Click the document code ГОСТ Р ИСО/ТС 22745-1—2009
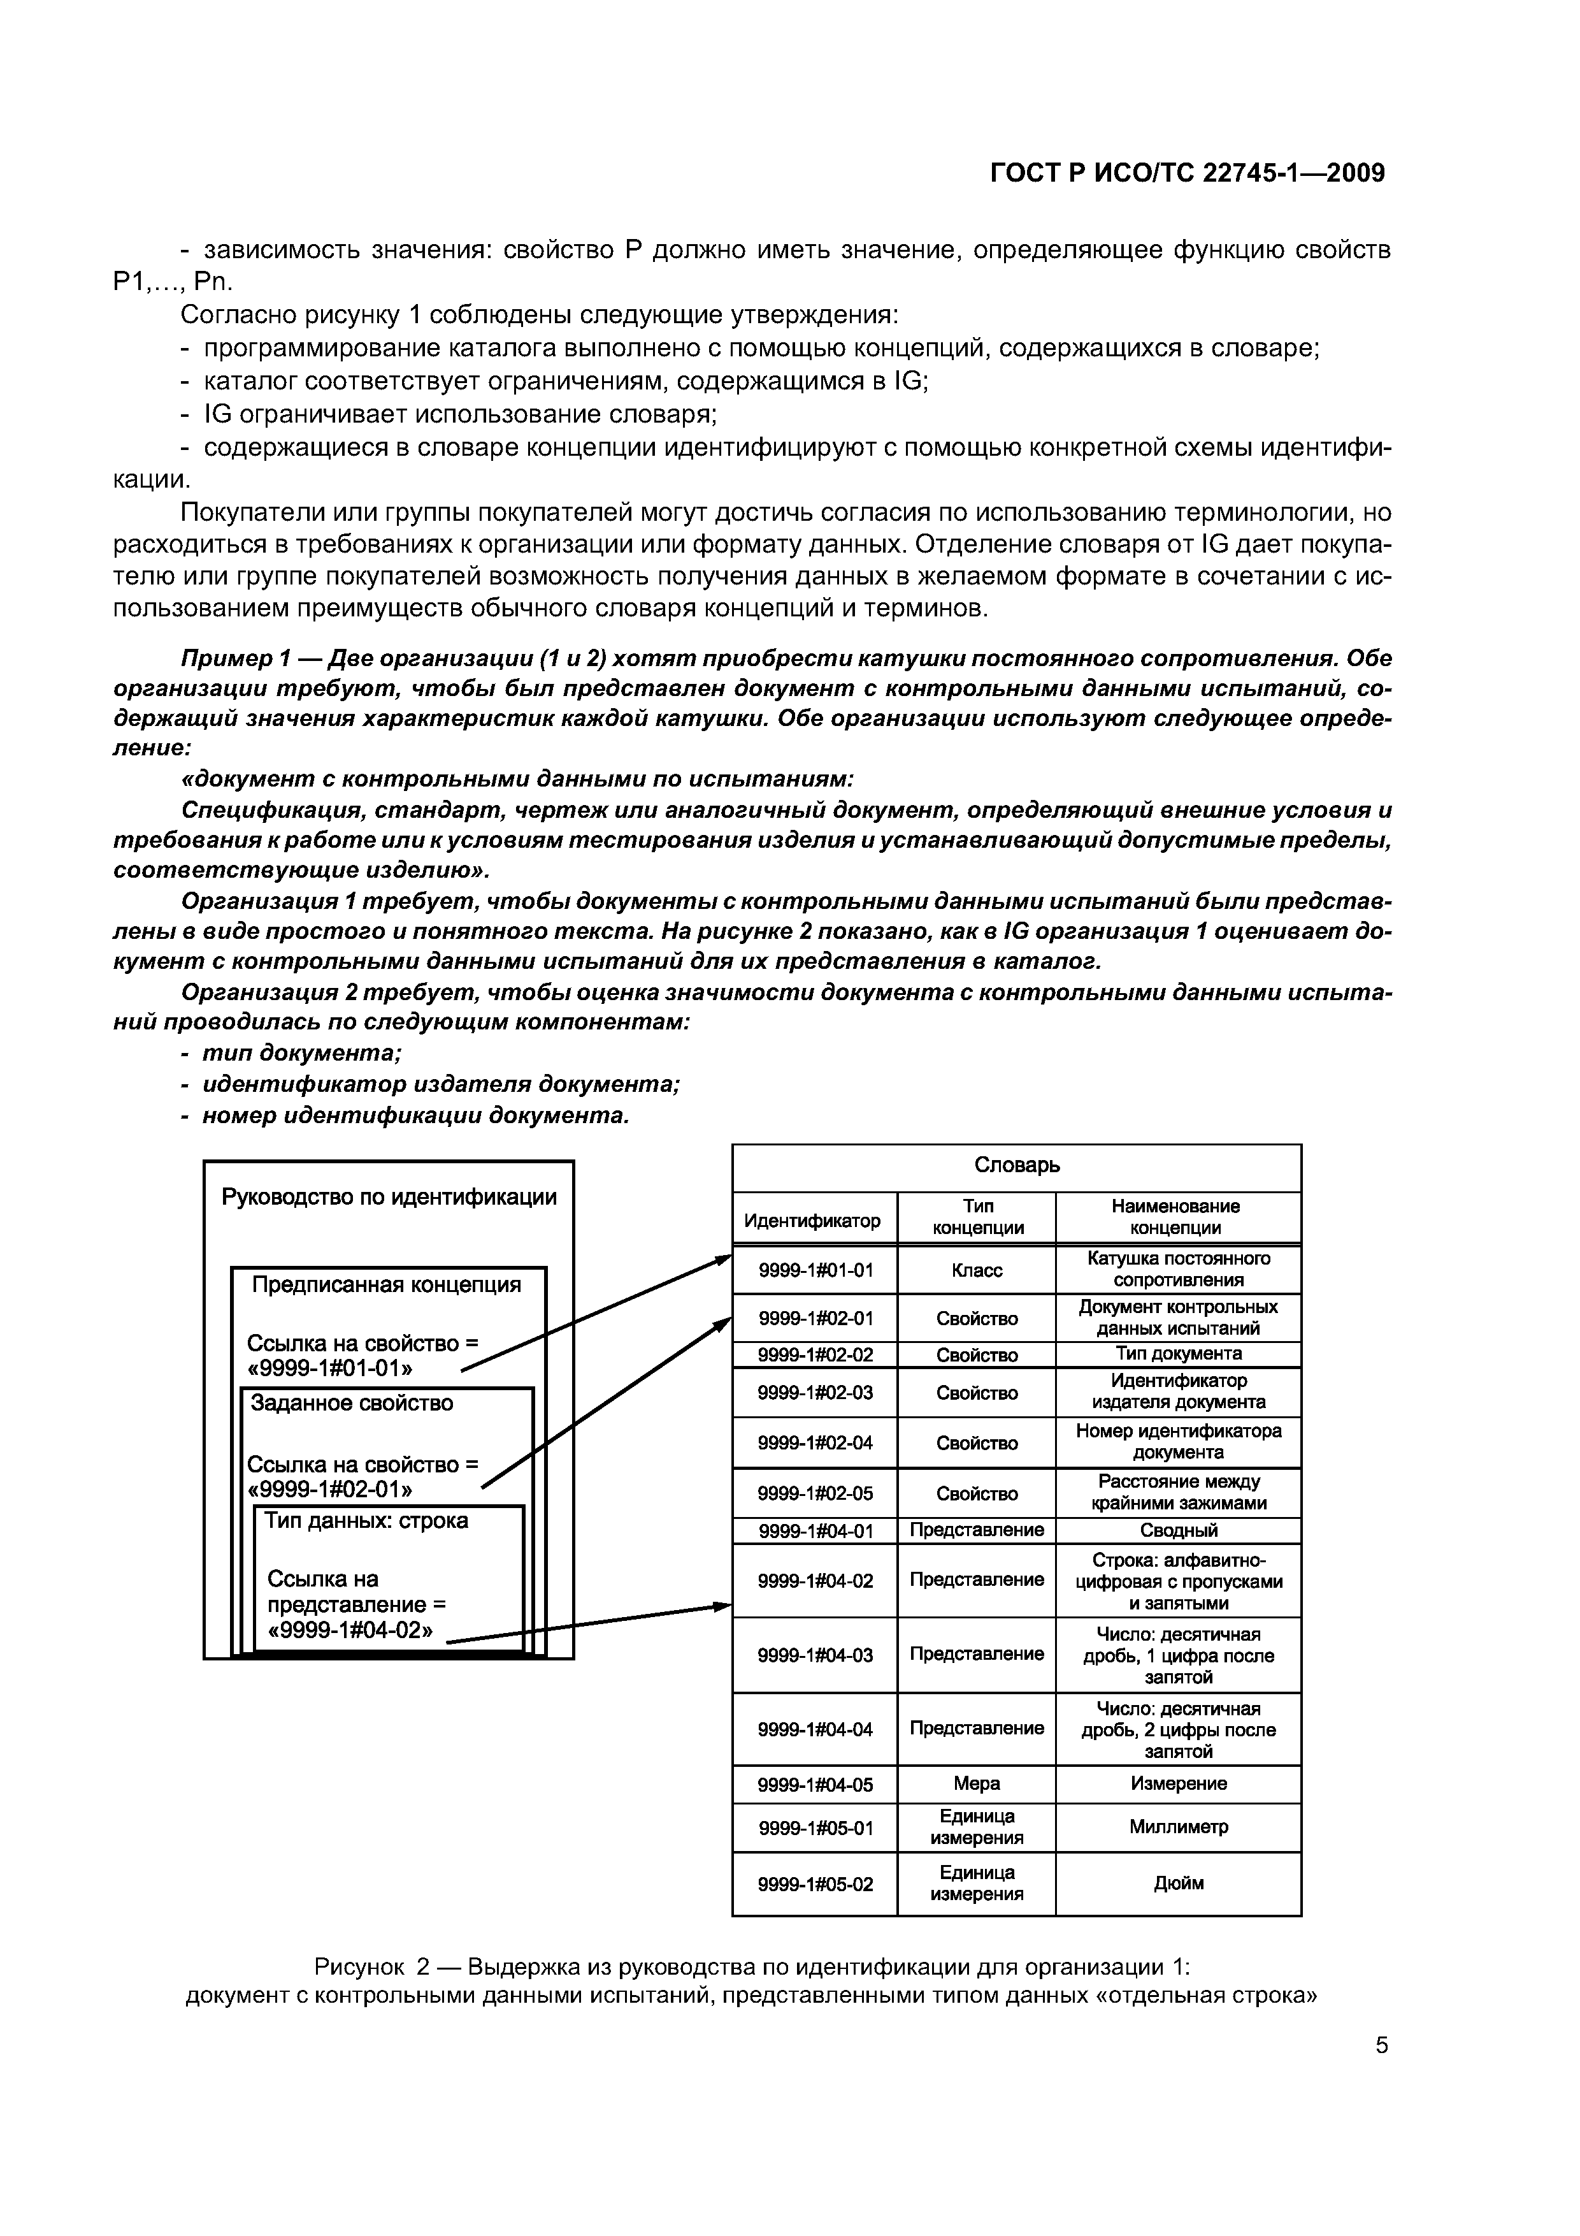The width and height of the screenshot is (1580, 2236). click(x=1187, y=173)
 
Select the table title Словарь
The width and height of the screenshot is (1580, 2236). click(x=1016, y=1165)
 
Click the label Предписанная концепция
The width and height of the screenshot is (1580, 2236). click(x=387, y=1284)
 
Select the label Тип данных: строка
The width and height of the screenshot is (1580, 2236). click(x=366, y=1520)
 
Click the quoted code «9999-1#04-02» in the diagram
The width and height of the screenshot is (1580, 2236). click(x=350, y=1629)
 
